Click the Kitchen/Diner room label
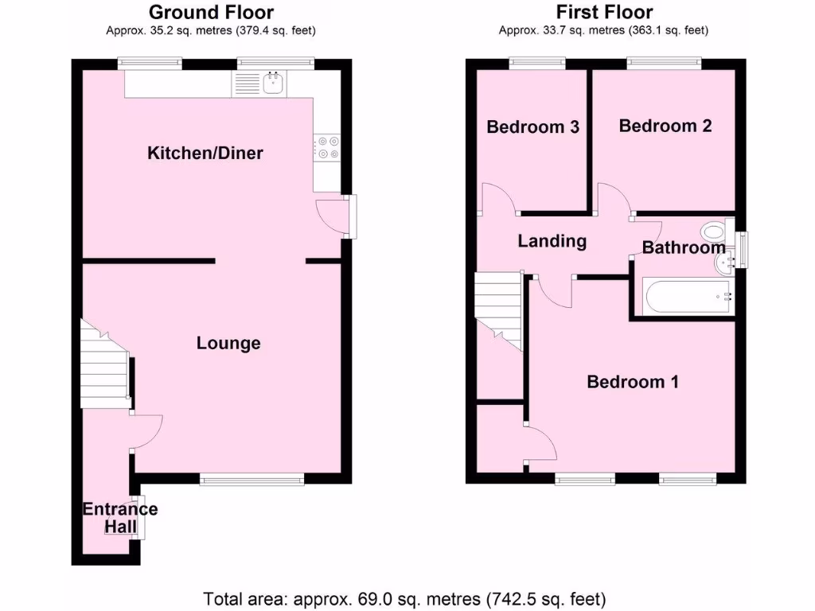click(205, 153)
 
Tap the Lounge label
click(228, 343)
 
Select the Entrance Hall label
click(120, 518)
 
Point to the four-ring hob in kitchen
click(327, 148)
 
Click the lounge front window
click(252, 478)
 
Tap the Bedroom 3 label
click(532, 126)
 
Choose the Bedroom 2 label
click(665, 125)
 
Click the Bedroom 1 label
click(632, 382)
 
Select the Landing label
click(552, 241)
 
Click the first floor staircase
click(497, 310)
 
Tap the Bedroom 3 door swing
click(498, 199)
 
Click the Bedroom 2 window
click(664, 62)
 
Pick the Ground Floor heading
click(211, 12)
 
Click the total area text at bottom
click(405, 597)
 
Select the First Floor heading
click(604, 12)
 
